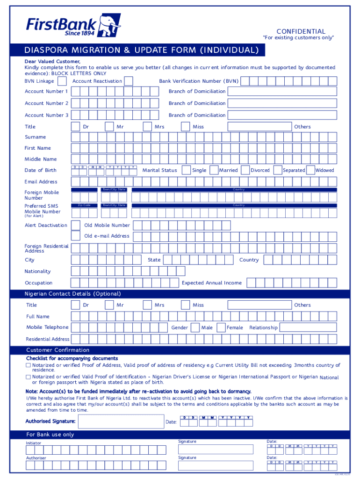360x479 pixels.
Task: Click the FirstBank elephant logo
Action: (x=111, y=25)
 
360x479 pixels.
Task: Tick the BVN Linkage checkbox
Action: (x=62, y=81)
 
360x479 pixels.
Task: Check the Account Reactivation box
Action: (x=128, y=81)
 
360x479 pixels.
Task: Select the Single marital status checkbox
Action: (x=186, y=170)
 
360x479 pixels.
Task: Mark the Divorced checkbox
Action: (x=244, y=170)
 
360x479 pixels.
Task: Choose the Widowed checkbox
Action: (x=310, y=170)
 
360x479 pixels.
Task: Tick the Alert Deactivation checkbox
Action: (x=75, y=225)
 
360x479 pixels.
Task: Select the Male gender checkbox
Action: (x=195, y=328)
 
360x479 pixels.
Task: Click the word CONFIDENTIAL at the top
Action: (x=301, y=31)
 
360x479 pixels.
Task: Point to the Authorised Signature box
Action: (x=121, y=422)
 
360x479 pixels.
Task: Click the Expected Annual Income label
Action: (x=212, y=283)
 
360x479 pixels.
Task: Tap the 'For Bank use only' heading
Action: (x=50, y=435)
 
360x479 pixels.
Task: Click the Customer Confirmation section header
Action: (x=58, y=350)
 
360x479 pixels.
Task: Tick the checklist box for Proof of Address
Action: (x=28, y=365)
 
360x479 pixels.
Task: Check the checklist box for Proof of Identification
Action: (x=28, y=377)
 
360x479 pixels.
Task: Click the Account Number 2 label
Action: (x=46, y=103)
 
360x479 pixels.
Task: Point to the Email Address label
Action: (x=41, y=182)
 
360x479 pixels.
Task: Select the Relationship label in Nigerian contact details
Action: (x=263, y=328)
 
